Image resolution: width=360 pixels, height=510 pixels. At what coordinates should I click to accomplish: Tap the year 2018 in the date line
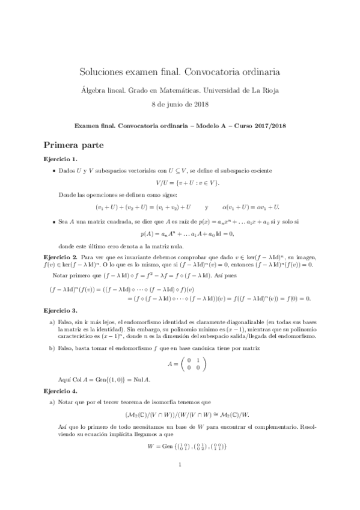pyautogui.click(x=201, y=104)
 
